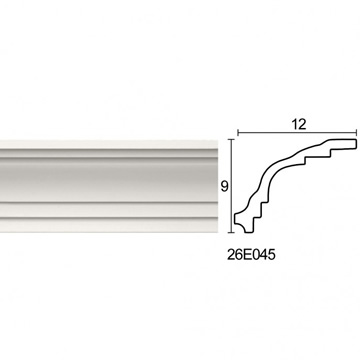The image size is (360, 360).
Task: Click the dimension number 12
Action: point(299,124)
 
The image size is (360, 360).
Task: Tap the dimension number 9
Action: point(224,187)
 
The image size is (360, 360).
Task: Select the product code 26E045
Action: point(251,255)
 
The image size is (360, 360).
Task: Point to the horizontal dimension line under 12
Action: point(297,133)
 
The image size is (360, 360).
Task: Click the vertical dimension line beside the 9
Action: point(231,186)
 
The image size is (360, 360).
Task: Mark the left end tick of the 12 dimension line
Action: point(238,133)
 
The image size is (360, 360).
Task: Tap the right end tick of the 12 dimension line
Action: point(357,133)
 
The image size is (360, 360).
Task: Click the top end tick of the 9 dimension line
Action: point(231,140)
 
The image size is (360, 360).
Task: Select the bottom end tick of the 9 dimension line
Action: point(231,232)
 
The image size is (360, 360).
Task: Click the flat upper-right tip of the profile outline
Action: point(355,144)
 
